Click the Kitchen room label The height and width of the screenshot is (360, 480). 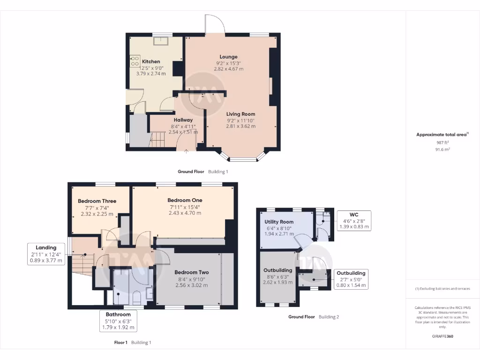pos(151,61)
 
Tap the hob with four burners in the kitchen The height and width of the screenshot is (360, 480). pos(135,61)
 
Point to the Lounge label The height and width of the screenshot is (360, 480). pos(229,57)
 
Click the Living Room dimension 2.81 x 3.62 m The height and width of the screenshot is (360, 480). pos(241,126)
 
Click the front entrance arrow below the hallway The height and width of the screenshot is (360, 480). pos(186,151)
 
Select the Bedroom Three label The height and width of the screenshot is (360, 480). pos(97,201)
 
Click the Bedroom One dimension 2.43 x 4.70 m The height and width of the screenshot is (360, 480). pos(185,213)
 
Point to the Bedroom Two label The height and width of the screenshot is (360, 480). pos(191,272)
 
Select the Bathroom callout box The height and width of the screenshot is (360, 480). pos(118,321)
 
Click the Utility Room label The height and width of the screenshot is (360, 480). pos(279,222)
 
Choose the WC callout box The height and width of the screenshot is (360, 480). pos(354,220)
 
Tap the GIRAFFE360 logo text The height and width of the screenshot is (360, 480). pos(442,337)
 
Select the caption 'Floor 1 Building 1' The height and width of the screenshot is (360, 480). pos(133,343)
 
